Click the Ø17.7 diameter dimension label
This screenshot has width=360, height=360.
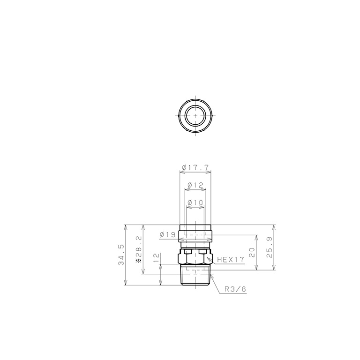click(195, 168)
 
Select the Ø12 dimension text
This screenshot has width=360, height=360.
click(195, 185)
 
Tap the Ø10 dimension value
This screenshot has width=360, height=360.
click(195, 202)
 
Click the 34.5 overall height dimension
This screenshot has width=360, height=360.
click(121, 255)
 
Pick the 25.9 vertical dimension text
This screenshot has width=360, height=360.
click(270, 247)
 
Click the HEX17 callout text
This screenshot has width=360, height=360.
click(231, 260)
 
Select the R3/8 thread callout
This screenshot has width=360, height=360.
click(235, 289)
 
